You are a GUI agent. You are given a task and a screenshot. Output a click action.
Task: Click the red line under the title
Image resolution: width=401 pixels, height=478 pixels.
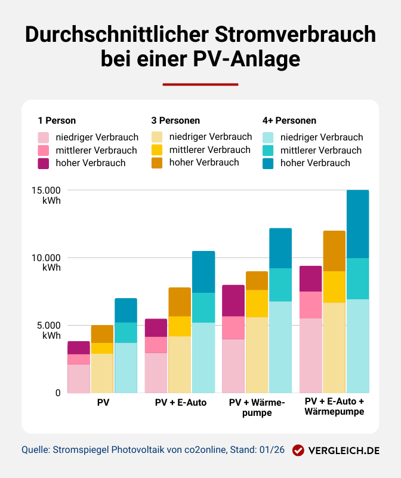tap(200, 84)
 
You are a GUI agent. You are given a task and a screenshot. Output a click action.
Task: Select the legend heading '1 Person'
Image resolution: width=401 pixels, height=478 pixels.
tap(57, 121)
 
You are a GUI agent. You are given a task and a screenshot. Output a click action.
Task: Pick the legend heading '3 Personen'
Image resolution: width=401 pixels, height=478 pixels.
tap(176, 121)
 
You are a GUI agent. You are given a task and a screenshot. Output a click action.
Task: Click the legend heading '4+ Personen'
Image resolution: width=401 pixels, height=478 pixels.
tap(289, 121)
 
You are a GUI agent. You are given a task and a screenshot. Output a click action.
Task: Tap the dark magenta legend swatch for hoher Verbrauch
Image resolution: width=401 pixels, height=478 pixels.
tap(44, 163)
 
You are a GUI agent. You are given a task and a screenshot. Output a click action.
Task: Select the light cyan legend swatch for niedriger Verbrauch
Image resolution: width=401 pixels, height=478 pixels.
tap(269, 137)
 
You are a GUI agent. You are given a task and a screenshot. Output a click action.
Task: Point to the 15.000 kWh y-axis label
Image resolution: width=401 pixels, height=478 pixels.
tap(47, 195)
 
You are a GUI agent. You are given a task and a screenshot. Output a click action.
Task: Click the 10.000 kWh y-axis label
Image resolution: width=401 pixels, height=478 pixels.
tap(47, 263)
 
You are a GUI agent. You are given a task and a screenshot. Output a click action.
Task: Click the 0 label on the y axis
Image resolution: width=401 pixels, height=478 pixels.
tap(58, 393)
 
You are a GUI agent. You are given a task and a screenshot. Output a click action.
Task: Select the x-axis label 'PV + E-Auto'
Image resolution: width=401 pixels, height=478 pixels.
tap(180, 403)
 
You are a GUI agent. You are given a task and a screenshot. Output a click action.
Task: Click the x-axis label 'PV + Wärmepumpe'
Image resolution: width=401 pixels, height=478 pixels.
tap(257, 407)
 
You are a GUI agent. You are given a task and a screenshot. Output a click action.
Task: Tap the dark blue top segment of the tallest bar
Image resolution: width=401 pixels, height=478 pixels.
tap(357, 224)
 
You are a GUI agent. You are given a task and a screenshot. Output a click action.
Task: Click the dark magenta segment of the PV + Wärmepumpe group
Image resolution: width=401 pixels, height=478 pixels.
tap(233, 301)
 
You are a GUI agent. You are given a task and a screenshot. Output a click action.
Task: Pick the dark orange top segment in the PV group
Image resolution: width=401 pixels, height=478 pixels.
tap(102, 334)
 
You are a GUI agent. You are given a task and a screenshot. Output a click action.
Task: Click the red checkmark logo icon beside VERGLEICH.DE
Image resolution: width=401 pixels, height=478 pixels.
tap(299, 451)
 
